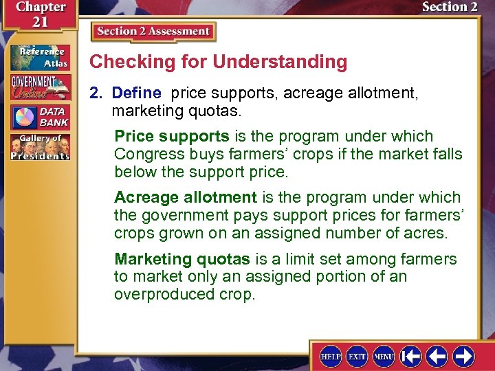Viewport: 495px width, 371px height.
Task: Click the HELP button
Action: pos(331,356)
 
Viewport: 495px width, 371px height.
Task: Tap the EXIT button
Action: pos(357,356)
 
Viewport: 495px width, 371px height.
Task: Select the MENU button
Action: pos(384,356)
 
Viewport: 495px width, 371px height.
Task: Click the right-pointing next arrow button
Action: pos(463,356)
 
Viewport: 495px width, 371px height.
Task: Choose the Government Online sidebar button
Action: pos(40,87)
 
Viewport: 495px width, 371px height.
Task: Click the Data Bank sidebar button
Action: pos(40,117)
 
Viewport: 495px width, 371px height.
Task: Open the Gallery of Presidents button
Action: pos(40,147)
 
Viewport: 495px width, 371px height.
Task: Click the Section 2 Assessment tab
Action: pos(153,32)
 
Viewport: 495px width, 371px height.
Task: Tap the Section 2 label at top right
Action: pos(450,8)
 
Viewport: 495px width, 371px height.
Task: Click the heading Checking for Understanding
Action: pos(219,62)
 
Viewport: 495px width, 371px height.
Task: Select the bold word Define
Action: pos(136,92)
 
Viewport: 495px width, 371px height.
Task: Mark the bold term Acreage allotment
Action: pos(185,198)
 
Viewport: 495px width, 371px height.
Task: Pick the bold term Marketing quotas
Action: pos(183,259)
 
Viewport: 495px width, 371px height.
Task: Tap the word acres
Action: pos(427,233)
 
